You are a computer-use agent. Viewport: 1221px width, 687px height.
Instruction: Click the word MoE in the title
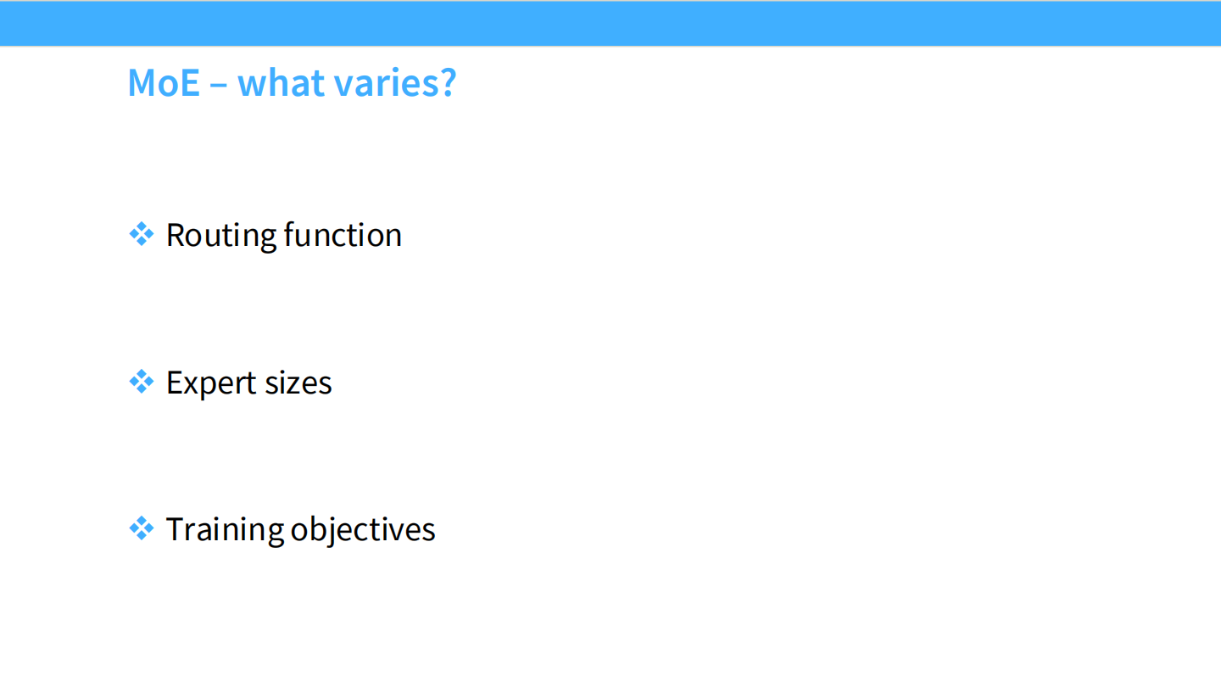tap(164, 83)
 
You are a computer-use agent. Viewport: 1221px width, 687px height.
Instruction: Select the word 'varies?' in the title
tap(395, 83)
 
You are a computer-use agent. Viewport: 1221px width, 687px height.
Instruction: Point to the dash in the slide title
tap(218, 85)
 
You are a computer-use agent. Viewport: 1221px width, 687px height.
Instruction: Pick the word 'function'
tap(343, 235)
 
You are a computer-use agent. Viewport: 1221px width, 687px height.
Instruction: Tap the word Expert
tap(211, 383)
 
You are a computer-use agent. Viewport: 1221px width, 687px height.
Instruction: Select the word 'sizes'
tap(298, 383)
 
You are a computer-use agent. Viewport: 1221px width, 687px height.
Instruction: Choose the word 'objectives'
tap(363, 529)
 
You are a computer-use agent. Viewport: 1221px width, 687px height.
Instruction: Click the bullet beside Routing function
tap(141, 234)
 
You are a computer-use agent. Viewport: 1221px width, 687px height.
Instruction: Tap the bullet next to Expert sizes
tap(141, 381)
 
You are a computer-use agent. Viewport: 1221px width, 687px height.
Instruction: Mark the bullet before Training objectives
tap(141, 528)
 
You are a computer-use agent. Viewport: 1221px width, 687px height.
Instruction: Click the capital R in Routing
tap(176, 236)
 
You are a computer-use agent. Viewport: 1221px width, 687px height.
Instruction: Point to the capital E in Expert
tap(175, 383)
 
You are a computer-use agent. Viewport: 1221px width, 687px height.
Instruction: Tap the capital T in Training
tap(176, 529)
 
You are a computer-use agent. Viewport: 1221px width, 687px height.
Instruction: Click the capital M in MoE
tap(142, 83)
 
